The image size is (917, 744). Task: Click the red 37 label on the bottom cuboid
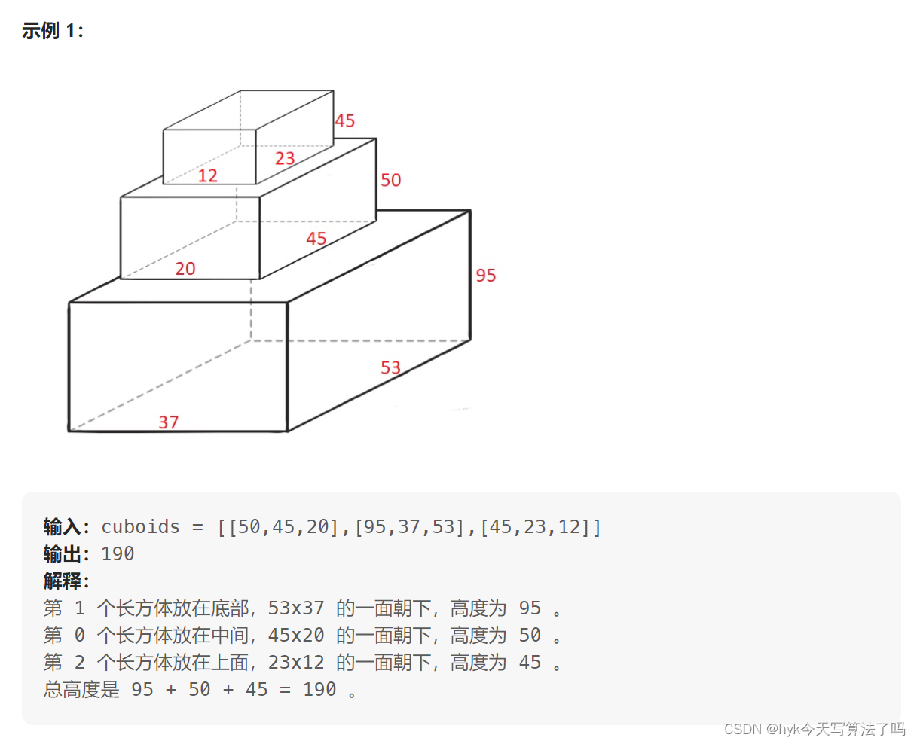coord(169,422)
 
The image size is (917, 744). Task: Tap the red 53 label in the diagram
coord(390,367)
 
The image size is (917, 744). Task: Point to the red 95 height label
coord(486,276)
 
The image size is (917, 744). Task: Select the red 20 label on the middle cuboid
coord(185,269)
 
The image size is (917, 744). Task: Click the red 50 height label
coord(391,180)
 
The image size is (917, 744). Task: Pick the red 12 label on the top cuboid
coord(208,176)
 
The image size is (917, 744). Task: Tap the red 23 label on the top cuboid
coord(285,158)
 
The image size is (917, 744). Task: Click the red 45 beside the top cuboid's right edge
coord(345,121)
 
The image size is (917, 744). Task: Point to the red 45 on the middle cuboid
coord(316,239)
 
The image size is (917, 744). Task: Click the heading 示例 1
coord(53,31)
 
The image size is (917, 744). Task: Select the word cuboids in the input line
coord(141,527)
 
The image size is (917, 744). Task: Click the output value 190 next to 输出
coord(118,554)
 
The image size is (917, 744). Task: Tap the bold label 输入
coord(62,527)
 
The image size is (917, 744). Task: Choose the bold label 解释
coord(62,581)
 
